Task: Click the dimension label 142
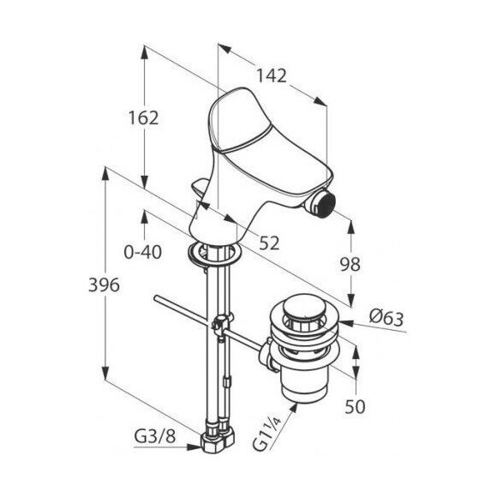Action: (271, 76)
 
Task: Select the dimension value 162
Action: (143, 118)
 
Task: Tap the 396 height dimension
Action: (104, 284)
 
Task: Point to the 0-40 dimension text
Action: (142, 252)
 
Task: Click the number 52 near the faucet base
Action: (269, 243)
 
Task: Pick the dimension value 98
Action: (350, 264)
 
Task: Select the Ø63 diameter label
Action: (386, 318)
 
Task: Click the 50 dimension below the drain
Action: (355, 406)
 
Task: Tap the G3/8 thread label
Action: (155, 437)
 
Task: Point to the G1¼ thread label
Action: (266, 433)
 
